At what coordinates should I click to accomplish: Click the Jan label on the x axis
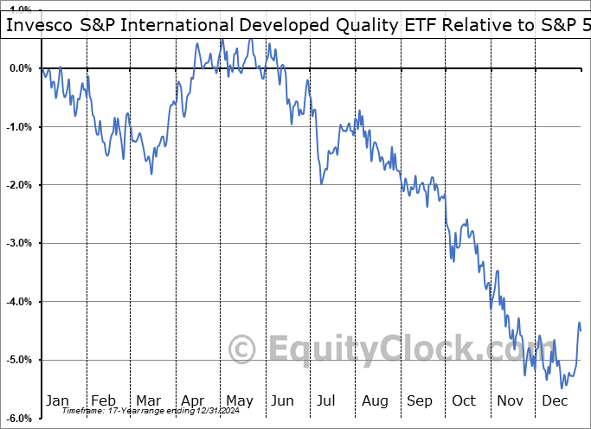(57, 400)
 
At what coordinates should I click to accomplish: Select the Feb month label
(103, 400)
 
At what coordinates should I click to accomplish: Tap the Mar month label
(148, 400)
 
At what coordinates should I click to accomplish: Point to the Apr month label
(192, 400)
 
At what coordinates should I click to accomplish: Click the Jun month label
(283, 400)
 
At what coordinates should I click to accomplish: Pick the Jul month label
(327, 400)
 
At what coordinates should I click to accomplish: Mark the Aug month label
(374, 400)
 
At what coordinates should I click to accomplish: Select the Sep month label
(420, 400)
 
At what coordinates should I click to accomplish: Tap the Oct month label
(464, 400)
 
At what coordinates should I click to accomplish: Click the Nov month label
(510, 400)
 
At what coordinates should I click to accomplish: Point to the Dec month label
(555, 400)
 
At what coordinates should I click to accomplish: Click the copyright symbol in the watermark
(243, 349)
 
